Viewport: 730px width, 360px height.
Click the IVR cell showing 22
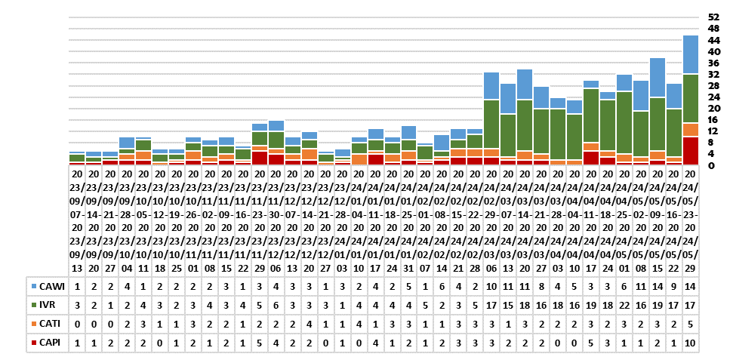(624, 305)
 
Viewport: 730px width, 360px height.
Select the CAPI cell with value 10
(690, 341)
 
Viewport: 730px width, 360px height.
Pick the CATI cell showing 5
(690, 323)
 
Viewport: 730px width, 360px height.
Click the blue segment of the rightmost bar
(690, 54)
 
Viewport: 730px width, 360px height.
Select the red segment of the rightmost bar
(690, 150)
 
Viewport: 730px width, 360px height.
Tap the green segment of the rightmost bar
(690, 98)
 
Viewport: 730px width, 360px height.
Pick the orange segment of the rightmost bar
(690, 129)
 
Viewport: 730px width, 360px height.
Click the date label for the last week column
(690, 219)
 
